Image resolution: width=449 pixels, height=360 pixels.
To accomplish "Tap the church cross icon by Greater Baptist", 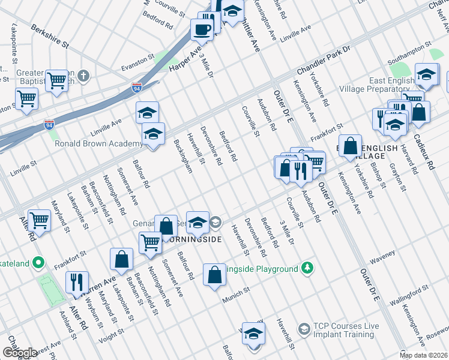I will pos(83,76).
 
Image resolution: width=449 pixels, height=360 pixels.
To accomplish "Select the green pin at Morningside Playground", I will pos(307,268).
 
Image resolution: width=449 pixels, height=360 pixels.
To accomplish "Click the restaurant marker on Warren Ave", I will pos(77,282).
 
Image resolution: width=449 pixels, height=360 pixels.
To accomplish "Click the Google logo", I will pos(20,353).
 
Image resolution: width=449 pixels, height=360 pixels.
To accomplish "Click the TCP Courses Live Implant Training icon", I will pos(304,329).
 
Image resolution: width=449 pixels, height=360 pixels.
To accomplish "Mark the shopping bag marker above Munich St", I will pos(214,275).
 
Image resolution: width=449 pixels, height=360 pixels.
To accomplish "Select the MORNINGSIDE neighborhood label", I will pos(193,239).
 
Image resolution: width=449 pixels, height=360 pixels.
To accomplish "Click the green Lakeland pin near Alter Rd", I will pos(39,262).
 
